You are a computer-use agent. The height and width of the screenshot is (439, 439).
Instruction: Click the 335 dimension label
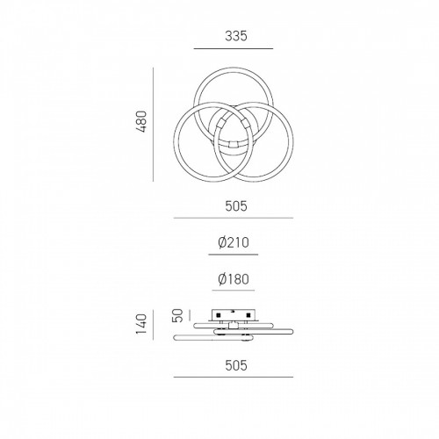[x=236, y=36]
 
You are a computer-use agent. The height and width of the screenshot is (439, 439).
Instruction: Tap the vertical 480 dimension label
[x=142, y=122]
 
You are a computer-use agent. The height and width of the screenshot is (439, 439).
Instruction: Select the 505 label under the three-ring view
[x=236, y=206]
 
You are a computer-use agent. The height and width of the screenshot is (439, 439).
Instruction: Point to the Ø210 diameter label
[x=234, y=242]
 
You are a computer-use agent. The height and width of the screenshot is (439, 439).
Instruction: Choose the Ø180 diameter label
[x=234, y=279]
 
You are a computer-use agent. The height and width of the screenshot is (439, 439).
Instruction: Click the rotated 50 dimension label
[x=178, y=315]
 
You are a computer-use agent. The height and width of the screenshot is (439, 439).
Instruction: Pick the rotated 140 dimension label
[x=141, y=324]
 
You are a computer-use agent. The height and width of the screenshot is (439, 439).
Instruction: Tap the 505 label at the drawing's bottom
[x=236, y=365]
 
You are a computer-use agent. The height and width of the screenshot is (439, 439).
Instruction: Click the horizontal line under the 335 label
[x=234, y=48]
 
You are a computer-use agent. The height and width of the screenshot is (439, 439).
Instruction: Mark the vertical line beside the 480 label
[x=153, y=125]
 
